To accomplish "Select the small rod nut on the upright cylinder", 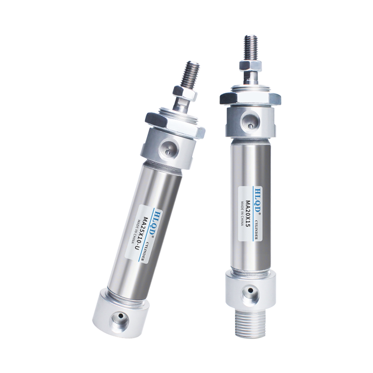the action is pyautogui.click(x=251, y=65).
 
